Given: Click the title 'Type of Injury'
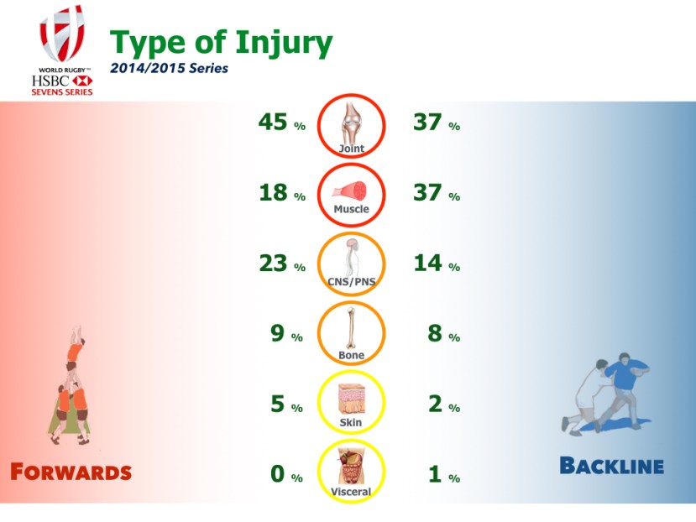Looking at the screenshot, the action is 221,43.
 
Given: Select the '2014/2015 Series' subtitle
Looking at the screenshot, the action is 169,68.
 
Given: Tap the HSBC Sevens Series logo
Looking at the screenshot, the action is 62,50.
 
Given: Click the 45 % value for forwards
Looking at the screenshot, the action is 282,122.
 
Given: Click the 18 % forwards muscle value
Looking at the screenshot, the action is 282,193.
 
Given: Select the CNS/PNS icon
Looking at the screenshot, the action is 351,264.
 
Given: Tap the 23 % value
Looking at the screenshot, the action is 282,264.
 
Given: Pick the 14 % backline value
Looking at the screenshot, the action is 437,263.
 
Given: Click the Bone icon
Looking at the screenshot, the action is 351,333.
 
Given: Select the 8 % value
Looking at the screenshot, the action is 444,333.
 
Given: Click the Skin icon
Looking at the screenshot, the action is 351,402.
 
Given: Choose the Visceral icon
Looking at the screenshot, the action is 351,471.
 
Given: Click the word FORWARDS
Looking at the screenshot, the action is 71,472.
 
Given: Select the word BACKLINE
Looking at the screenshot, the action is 612,466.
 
